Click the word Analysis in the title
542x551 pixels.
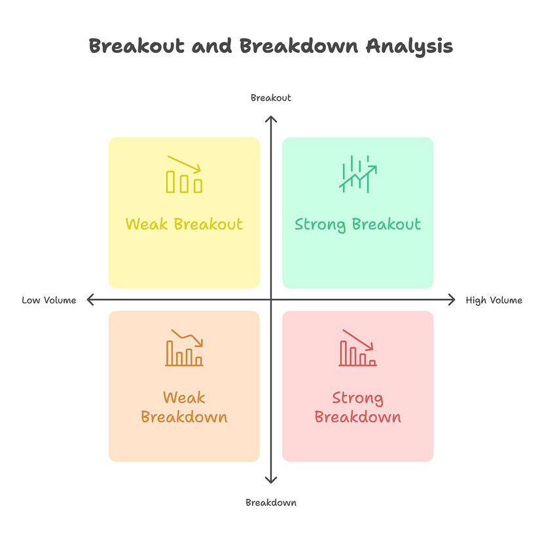click(409, 46)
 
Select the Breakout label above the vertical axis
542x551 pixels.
click(270, 98)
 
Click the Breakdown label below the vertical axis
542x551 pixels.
click(270, 503)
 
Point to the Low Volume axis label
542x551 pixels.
click(49, 301)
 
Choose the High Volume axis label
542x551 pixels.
click(494, 301)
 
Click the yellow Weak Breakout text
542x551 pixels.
click(184, 224)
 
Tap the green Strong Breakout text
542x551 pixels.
click(357, 224)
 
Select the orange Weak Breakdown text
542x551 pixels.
click(184, 407)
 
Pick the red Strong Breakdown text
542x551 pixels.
click(357, 407)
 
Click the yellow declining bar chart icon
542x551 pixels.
click(184, 175)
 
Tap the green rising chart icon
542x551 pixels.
click(357, 175)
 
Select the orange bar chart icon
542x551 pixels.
click(184, 348)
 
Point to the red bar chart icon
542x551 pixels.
click(357, 348)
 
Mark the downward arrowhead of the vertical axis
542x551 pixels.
click(271, 480)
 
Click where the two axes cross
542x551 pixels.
click(271, 300)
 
